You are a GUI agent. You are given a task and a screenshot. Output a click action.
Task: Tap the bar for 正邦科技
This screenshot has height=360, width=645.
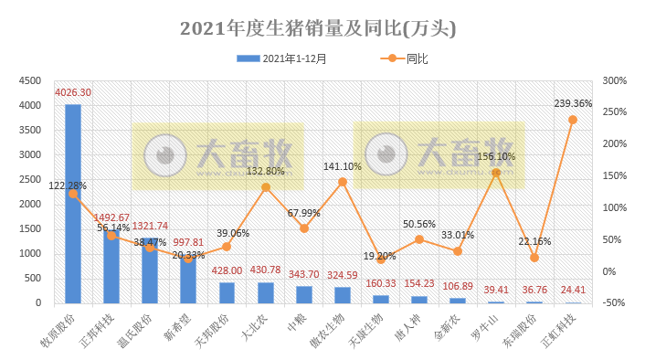click(x=111, y=266)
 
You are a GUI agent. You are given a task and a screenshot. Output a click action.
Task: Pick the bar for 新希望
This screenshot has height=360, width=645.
click(x=188, y=278)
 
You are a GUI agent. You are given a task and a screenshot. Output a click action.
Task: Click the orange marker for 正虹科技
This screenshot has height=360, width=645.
click(x=573, y=120)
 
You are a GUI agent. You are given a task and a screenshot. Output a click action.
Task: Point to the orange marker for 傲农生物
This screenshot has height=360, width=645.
click(x=343, y=182)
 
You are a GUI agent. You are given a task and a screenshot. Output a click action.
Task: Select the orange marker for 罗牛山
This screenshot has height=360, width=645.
click(x=496, y=173)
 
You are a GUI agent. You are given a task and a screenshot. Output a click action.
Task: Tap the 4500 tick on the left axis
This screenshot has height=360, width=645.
click(x=32, y=81)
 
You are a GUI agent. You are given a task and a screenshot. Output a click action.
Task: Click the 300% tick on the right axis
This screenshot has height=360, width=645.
click(x=614, y=81)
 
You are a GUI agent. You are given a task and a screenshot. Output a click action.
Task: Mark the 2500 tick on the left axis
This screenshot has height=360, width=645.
click(x=32, y=180)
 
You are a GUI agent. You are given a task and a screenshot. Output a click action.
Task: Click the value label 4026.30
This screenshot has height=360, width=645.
click(x=73, y=93)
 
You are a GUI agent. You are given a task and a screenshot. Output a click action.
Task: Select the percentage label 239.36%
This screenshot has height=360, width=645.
click(x=573, y=103)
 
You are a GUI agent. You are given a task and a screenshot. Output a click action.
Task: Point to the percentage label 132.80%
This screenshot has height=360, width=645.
click(x=266, y=171)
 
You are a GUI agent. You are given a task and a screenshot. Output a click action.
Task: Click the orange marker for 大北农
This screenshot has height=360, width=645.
click(x=266, y=187)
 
